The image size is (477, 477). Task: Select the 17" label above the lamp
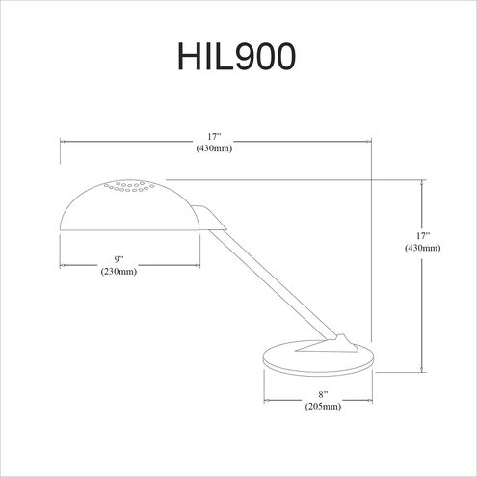pyautogui.click(x=215, y=137)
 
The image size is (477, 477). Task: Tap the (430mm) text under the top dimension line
pyautogui.click(x=215, y=149)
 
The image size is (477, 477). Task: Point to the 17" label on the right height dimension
pyautogui.click(x=422, y=235)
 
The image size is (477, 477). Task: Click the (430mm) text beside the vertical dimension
pyautogui.click(x=422, y=249)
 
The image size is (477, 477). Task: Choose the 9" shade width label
pyautogui.click(x=119, y=259)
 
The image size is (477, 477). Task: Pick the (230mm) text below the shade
pyautogui.click(x=119, y=273)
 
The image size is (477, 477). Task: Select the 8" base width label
pyautogui.click(x=323, y=395)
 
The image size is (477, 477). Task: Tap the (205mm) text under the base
pyautogui.click(x=323, y=408)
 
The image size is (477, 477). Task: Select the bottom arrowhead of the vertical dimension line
pyautogui.click(x=422, y=369)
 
